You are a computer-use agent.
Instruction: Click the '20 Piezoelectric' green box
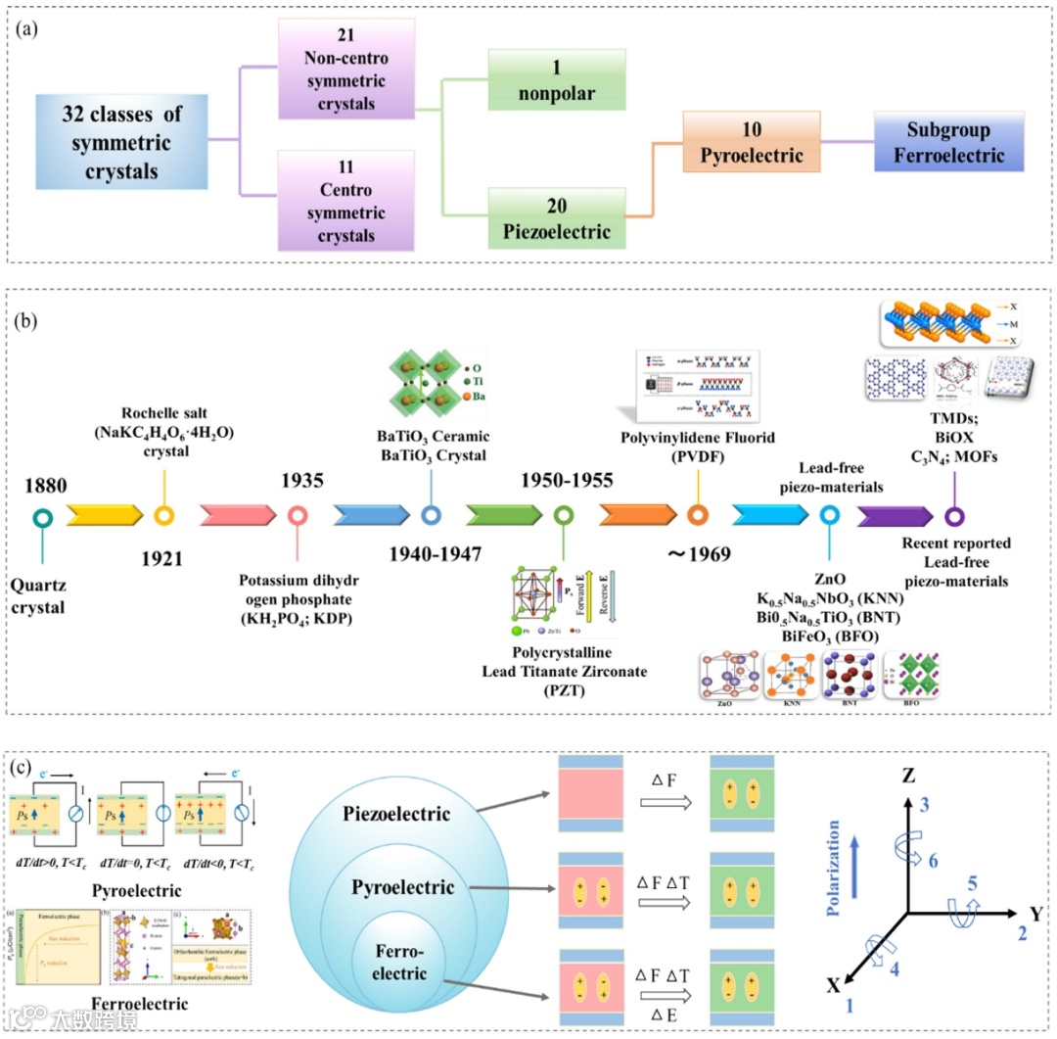(x=557, y=218)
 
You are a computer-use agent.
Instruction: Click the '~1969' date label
(x=699, y=554)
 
